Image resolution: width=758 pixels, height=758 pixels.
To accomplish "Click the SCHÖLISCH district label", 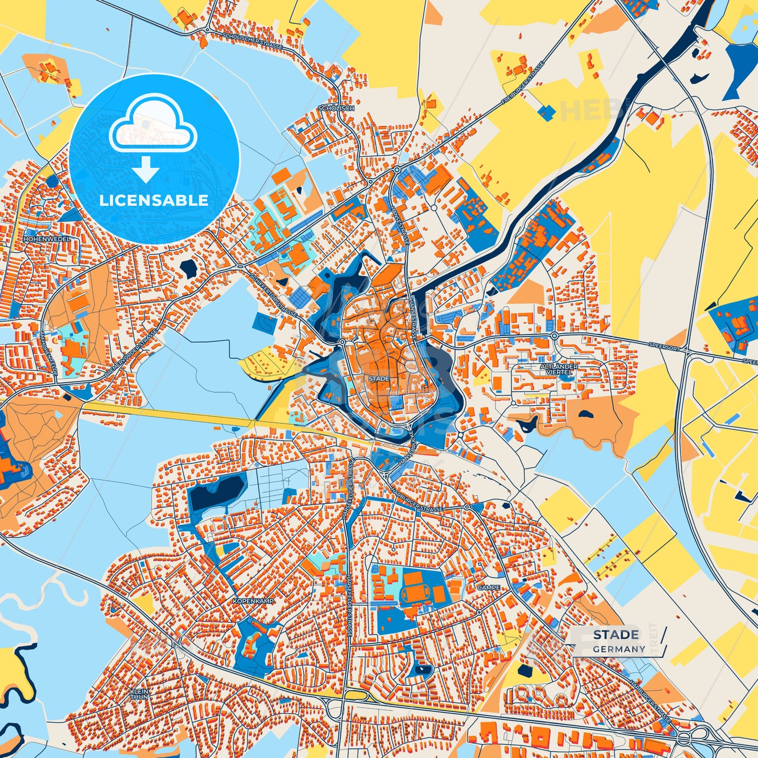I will click(x=336, y=108).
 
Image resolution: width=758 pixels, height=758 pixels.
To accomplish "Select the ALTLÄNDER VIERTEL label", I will click(x=559, y=369).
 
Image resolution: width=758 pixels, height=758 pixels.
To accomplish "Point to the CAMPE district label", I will click(x=488, y=588).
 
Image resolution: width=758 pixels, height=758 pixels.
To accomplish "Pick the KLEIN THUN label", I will click(x=139, y=695).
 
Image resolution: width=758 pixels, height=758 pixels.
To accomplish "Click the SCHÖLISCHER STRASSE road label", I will click(x=252, y=41).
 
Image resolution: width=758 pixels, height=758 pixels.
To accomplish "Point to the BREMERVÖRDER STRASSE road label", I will click(x=131, y=356).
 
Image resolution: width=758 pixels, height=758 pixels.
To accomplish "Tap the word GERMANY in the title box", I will click(x=619, y=649).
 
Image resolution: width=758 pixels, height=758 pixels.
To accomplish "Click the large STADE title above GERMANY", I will click(x=616, y=635).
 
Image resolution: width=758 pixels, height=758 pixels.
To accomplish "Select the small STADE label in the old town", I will click(x=379, y=378).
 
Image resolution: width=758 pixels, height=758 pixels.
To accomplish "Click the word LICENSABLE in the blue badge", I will click(x=154, y=200).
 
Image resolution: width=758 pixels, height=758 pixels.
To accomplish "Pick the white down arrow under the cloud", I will click(x=146, y=169).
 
